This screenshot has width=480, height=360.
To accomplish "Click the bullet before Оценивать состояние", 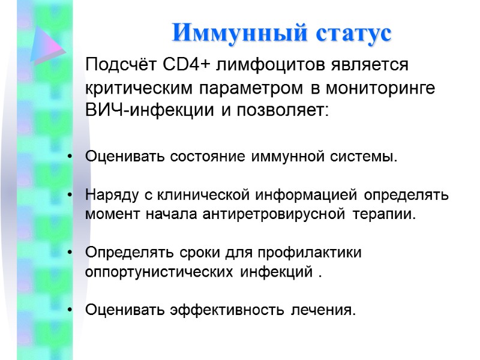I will (x=71, y=158).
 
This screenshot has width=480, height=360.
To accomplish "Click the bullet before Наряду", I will (x=71, y=196).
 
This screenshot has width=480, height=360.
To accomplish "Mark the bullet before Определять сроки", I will (x=71, y=253).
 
